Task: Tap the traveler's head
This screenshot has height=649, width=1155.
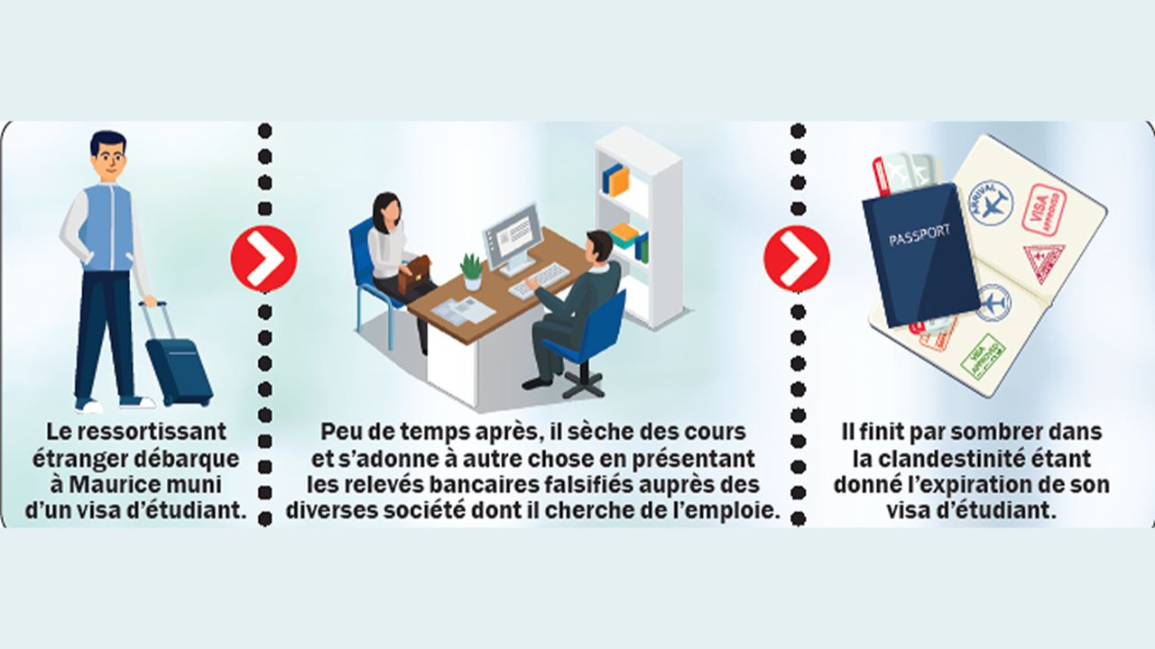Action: click(x=108, y=156)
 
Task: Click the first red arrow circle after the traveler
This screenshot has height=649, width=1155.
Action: click(x=263, y=259)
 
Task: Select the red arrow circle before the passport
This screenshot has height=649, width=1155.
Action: click(x=797, y=259)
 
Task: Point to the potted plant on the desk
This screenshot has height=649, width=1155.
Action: click(x=472, y=271)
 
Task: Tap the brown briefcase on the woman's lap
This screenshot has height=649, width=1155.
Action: click(x=416, y=274)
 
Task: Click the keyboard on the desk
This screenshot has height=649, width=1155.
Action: click(x=539, y=281)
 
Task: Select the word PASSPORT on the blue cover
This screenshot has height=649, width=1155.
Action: click(x=919, y=235)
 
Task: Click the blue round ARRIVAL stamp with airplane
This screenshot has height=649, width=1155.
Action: click(x=989, y=204)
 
